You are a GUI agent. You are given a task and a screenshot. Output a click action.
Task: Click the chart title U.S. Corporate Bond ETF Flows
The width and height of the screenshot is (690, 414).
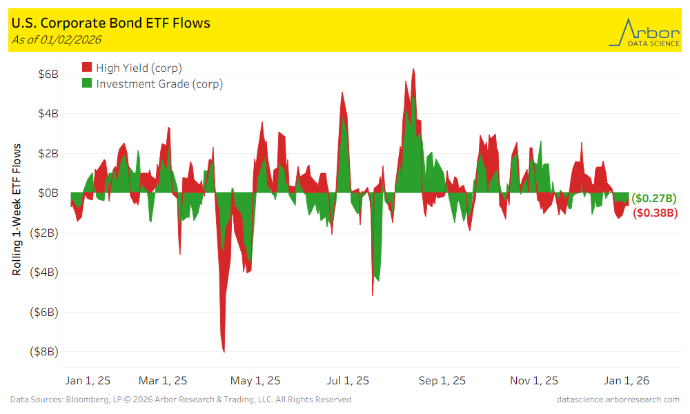111,23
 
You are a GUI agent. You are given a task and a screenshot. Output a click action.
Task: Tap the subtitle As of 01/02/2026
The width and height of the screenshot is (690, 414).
57,39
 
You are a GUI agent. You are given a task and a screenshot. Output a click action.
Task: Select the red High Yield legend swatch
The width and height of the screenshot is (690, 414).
87,68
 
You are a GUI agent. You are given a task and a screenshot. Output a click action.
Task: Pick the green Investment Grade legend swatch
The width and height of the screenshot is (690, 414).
87,84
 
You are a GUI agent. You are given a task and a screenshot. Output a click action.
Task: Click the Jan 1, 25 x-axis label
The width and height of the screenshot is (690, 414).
87,380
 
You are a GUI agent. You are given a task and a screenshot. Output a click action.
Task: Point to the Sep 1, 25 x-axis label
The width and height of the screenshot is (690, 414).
442,380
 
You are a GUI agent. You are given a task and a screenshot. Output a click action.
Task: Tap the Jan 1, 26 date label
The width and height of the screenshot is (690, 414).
627,380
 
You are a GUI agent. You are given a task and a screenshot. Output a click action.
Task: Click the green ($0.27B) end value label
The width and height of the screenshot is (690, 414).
654,199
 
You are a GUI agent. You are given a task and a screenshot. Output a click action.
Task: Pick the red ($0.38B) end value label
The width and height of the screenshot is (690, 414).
655,213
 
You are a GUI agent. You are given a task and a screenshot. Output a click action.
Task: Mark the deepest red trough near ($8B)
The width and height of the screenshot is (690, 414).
224,351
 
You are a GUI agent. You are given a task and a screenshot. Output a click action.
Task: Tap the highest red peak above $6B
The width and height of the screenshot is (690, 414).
413,70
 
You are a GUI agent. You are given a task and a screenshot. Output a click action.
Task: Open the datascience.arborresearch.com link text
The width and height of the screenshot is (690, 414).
618,400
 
